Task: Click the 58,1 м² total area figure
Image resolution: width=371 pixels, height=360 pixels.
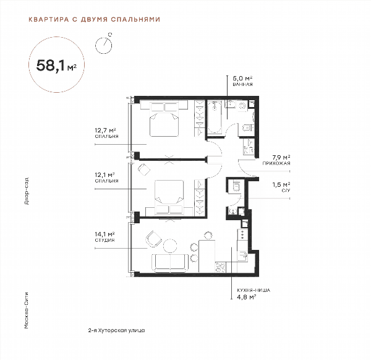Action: coord(56,65)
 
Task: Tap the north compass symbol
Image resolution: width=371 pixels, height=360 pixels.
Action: coord(104,44)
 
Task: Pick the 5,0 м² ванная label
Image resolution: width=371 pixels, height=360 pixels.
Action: coord(243,80)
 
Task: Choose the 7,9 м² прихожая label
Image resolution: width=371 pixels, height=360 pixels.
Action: coord(276,160)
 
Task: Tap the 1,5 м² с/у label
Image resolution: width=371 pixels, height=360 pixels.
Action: coord(281,187)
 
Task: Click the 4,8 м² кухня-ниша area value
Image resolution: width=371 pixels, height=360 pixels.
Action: coord(247,297)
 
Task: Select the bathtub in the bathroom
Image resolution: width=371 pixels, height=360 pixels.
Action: coord(215,117)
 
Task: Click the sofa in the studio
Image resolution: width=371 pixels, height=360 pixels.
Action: coord(170,263)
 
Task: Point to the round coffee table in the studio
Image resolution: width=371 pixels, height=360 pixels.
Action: coord(170,246)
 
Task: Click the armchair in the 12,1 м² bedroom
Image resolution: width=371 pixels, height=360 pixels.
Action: coord(144,169)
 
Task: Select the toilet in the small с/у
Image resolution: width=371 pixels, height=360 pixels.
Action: coord(236,186)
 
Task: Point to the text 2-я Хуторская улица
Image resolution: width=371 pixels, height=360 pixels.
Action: coord(116,330)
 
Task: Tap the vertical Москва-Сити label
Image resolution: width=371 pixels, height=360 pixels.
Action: coord(27,311)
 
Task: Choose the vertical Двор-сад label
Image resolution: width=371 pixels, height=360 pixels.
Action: coord(27,191)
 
